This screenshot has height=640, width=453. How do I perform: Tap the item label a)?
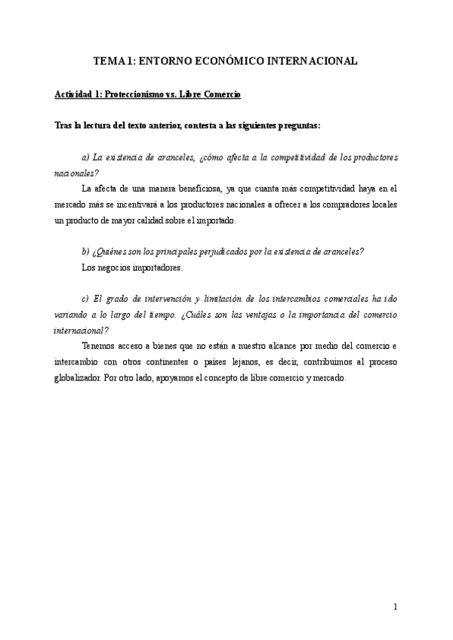point(85,157)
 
